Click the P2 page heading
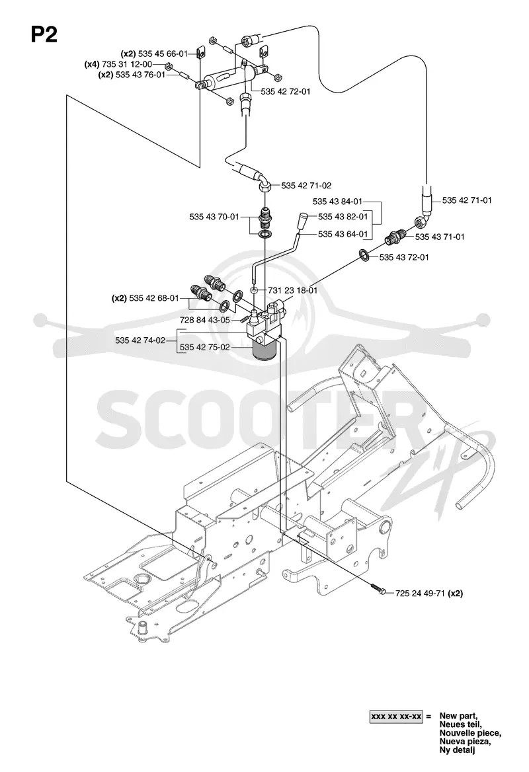[x=44, y=34]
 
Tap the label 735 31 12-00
[x=126, y=64]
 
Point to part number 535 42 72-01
[x=286, y=92]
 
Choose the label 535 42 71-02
[x=306, y=186]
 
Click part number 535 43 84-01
[x=337, y=202]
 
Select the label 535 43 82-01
[x=343, y=217]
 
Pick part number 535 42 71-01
[x=467, y=200]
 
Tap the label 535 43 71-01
[x=440, y=237]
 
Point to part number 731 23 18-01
[x=292, y=290]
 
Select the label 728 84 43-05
[x=205, y=320]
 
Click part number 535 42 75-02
[x=205, y=347]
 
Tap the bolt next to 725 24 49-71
[x=379, y=590]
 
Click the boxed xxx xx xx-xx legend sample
[x=396, y=716]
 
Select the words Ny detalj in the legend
[x=458, y=750]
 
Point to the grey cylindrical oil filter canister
[x=264, y=351]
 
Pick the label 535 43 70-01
[x=214, y=217]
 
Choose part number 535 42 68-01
[x=154, y=298]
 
